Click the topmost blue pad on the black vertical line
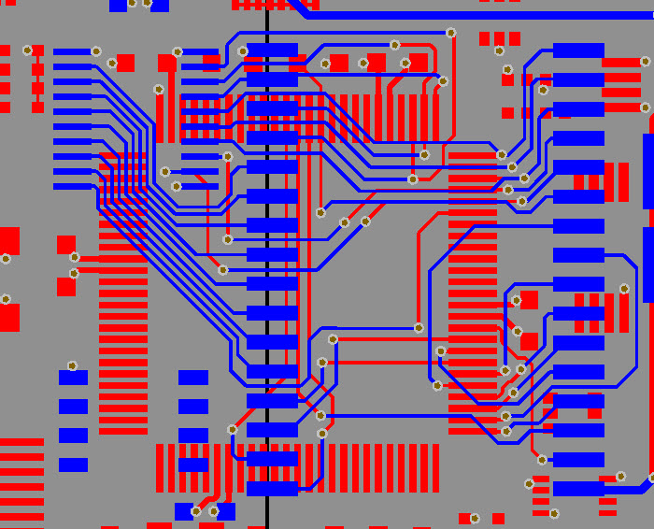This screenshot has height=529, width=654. click(x=272, y=50)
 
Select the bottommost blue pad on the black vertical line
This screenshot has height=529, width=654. click(x=272, y=488)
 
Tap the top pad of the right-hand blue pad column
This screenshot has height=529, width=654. click(x=578, y=50)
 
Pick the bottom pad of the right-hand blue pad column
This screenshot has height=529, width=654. click(x=578, y=488)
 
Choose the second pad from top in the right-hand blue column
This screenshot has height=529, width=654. click(x=578, y=79)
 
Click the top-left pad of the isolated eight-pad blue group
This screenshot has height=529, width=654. click(x=73, y=378)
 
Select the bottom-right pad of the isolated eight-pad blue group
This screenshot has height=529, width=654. click(x=193, y=465)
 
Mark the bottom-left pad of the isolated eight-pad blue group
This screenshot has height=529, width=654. click(x=73, y=465)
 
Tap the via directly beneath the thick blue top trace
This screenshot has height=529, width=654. click(x=450, y=33)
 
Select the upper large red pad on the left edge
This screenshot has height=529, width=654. click(x=9, y=241)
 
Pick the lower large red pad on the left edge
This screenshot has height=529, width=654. click(x=9, y=317)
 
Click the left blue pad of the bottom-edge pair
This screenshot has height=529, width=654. click(x=184, y=511)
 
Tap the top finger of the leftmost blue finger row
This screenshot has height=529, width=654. click(x=73, y=52)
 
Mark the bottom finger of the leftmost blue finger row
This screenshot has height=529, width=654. click(x=73, y=186)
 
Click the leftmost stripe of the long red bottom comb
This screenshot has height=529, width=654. click(x=160, y=467)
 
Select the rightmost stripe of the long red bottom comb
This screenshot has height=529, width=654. click(x=435, y=467)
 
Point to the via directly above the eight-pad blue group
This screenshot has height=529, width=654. click(x=72, y=365)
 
